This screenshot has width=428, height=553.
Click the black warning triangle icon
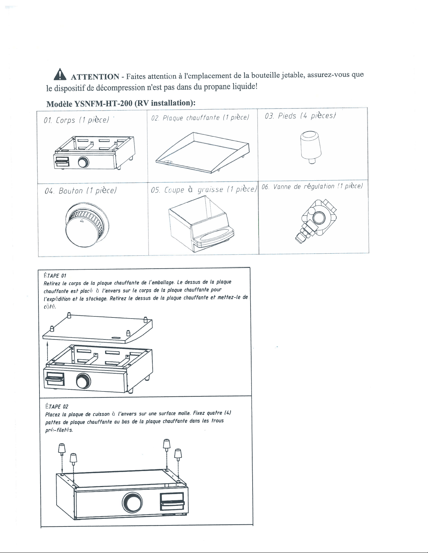coord(60,74)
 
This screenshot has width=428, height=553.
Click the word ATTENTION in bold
coord(95,77)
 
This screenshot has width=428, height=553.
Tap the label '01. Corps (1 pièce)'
coord(77,120)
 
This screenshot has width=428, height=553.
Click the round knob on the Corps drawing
coord(84,162)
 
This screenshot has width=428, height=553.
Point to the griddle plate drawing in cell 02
coord(202,152)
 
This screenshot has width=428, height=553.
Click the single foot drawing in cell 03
coord(311,147)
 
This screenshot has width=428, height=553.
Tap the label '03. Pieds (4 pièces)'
coord(300,116)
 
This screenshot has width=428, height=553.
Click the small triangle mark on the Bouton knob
coord(81,221)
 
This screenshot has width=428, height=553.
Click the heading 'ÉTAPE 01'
coord(55,276)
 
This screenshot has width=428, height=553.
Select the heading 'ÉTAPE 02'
coord(57,406)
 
